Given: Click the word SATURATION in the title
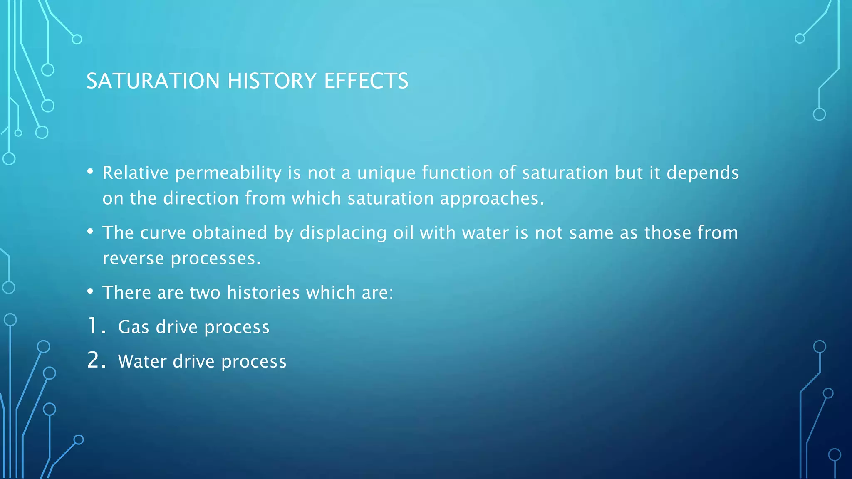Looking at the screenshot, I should pos(153,81).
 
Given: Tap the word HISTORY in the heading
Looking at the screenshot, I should pos(272,81).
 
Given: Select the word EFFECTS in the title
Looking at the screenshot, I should pos(366,81).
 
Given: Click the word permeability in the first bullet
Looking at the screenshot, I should pos(228,173).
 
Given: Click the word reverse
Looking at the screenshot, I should pos(133,259).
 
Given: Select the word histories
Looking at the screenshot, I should pos(263,293).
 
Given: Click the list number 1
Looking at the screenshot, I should pos(94,326).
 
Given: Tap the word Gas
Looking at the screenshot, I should pos(134,327).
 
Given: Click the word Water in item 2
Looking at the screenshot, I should pos(142,361).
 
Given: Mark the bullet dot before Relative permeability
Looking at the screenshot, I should pos(90,172).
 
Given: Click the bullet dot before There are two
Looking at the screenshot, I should pos(90,292).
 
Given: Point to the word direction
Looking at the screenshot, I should pos(201,199).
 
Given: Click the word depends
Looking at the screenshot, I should pos(703,173).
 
